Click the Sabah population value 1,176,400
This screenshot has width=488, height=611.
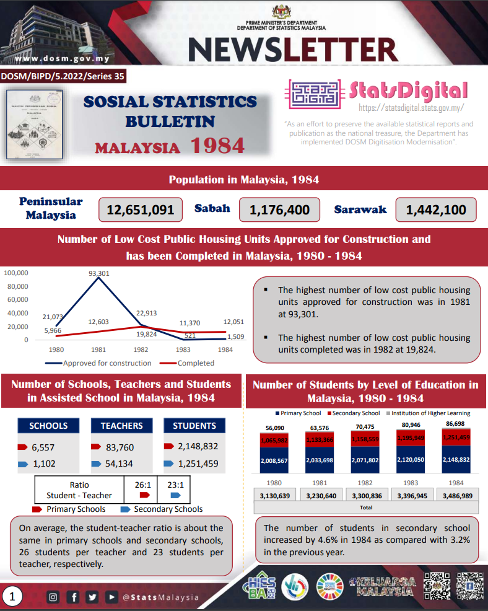(279, 210)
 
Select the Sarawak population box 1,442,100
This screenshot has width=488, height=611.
(435, 210)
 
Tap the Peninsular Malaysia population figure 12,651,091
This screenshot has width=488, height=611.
(141, 210)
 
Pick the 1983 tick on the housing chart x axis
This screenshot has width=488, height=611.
(183, 349)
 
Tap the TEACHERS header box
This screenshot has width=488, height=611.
(122, 426)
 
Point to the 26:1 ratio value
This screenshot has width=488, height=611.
(144, 485)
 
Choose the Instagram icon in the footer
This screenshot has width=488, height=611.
(53, 597)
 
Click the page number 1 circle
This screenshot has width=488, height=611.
(13, 597)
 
